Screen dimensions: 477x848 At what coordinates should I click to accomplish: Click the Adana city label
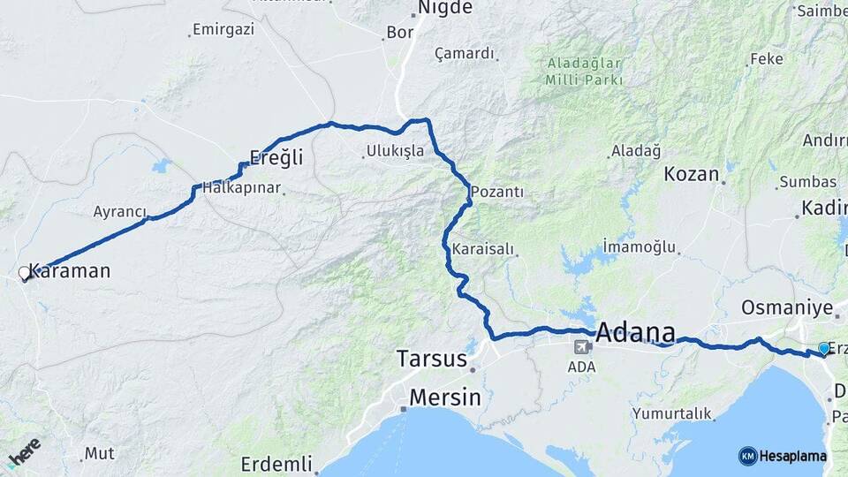pos(636,334)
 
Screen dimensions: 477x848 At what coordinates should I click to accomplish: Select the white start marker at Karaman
pos(25,274)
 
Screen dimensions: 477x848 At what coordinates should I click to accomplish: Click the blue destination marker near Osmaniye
pos(824,349)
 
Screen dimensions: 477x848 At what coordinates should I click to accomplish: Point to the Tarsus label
pos(431,359)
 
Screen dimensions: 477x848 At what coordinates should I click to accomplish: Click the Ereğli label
pos(276,158)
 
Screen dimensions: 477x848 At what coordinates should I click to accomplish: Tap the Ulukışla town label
pos(395,151)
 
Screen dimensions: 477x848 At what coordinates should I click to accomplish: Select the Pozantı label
pos(497,191)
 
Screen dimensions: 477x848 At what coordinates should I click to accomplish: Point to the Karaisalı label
pos(482,250)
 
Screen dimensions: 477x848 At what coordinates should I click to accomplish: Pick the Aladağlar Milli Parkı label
pos(585,72)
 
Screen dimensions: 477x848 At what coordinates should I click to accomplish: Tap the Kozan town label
pos(691,173)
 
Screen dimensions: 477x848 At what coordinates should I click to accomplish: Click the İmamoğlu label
pos(639,246)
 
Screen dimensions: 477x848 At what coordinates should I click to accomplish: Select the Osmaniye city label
pos(787,307)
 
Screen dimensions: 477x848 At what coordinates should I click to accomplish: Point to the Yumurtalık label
pos(672,413)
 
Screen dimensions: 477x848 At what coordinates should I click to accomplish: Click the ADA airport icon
pos(582,346)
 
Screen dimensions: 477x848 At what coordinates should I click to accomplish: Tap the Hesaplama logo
pos(783,456)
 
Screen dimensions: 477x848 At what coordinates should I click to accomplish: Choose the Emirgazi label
pos(224,29)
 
